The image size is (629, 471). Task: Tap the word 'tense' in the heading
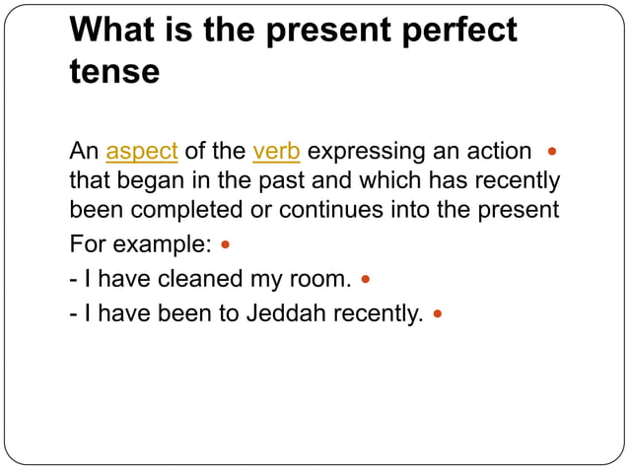tap(114, 72)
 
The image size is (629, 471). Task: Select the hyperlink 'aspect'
tap(141, 153)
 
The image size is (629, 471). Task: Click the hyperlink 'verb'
tap(277, 153)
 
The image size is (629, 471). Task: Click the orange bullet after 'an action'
tap(552, 153)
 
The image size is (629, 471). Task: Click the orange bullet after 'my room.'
tap(366, 280)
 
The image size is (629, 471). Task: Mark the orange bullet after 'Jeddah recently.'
tap(438, 316)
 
